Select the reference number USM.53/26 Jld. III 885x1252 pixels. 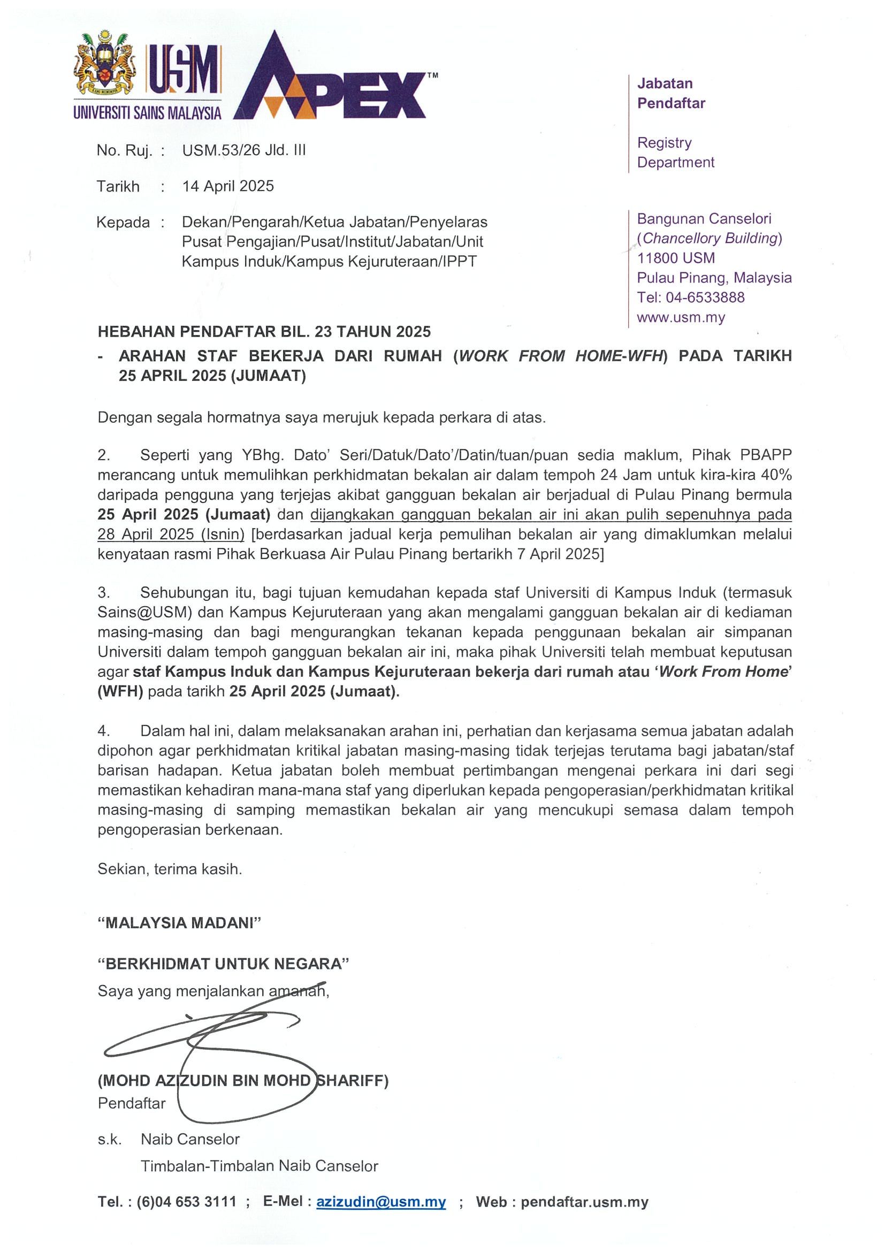(244, 150)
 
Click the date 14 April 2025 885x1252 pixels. (228, 187)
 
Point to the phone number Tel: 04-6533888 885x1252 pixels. (690, 297)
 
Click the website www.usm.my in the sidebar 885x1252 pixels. (681, 317)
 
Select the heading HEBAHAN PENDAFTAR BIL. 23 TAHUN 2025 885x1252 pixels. (264, 332)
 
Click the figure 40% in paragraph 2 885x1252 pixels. (776, 475)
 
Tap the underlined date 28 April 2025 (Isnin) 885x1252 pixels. (171, 535)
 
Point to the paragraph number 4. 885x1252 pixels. (104, 731)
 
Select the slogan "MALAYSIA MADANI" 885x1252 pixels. (179, 923)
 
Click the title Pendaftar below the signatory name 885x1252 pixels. (132, 1104)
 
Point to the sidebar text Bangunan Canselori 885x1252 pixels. (704, 219)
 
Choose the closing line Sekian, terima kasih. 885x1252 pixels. (170, 869)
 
